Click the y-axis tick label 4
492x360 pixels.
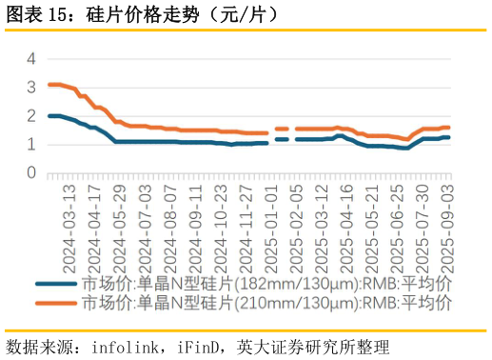tap(30, 58)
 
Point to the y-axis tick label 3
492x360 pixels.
tap(30, 87)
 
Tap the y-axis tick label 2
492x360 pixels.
tap(30, 115)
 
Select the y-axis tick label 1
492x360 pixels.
tap(30, 145)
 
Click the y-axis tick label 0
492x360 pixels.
tap(30, 173)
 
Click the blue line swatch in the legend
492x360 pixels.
tap(58, 284)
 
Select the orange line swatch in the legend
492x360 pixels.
tap(58, 303)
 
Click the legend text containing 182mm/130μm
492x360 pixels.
tap(266, 284)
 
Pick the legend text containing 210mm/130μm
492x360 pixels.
tap(266, 303)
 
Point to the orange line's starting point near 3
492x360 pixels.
tap(49, 85)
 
